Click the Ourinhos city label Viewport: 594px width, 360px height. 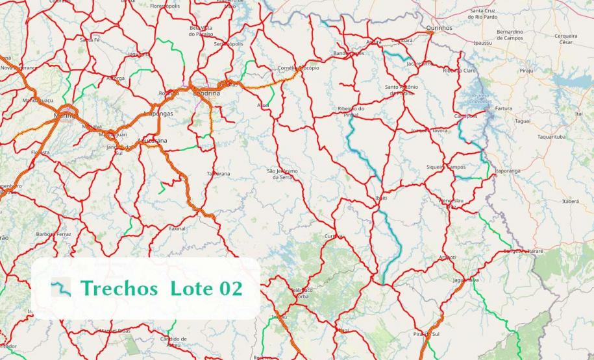pyautogui.click(x=439, y=28)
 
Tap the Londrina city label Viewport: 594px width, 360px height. pyautogui.click(x=206, y=93)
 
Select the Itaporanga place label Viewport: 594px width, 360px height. pyautogui.click(x=508, y=171)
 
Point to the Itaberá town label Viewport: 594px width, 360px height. pyautogui.click(x=570, y=201)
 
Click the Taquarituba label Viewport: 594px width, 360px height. pyautogui.click(x=551, y=137)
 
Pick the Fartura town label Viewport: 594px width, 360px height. pyautogui.click(x=503, y=108)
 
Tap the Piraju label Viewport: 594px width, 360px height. pyautogui.click(x=526, y=69)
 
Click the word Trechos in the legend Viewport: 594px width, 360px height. pyautogui.click(x=119, y=288)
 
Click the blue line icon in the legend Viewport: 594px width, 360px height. pyautogui.click(x=61, y=287)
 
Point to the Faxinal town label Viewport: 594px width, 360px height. pyautogui.click(x=177, y=228)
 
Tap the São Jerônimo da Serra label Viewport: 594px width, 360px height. pyautogui.click(x=282, y=174)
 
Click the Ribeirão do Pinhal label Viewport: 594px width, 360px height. pyautogui.click(x=352, y=112)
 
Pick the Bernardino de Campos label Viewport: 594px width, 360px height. pyautogui.click(x=510, y=34)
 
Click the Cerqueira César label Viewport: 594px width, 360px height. pyautogui.click(x=566, y=38)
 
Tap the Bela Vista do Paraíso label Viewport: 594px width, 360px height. pyautogui.click(x=201, y=30)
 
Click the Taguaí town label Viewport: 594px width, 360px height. pyautogui.click(x=522, y=121)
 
